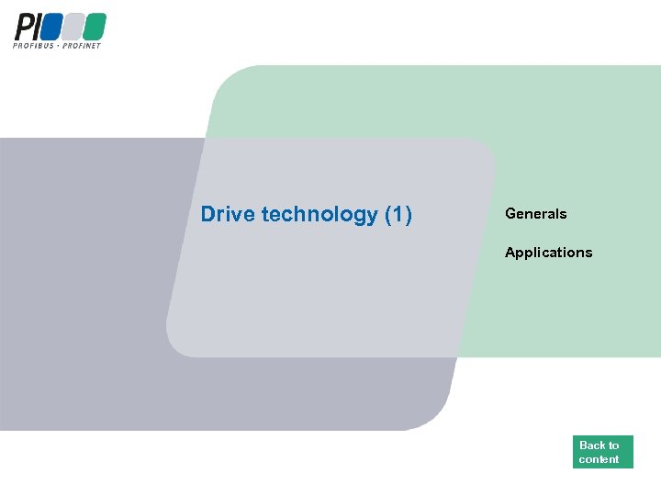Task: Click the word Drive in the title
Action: tap(228, 215)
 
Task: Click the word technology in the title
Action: tap(319, 215)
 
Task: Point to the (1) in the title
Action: tap(398, 215)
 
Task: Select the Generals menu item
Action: tap(536, 214)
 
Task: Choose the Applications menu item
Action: tap(549, 253)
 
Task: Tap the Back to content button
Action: tap(602, 452)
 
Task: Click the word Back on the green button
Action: tap(592, 445)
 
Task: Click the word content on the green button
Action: tap(599, 459)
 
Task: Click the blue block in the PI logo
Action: tap(50, 27)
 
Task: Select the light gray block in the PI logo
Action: tap(72, 27)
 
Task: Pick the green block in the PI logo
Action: tap(94, 27)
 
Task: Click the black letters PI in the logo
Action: tap(25, 27)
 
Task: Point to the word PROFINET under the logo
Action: tap(82, 45)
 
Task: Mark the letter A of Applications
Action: tap(510, 253)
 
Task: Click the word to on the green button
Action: tap(613, 445)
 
